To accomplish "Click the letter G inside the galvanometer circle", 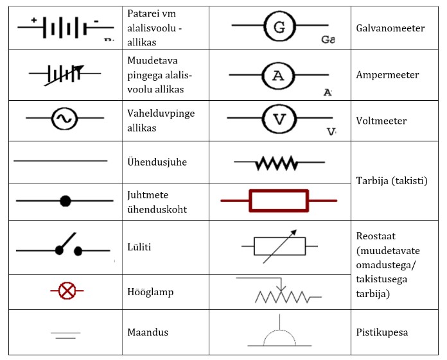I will pyautogui.click(x=279, y=27).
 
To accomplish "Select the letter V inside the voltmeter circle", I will pyautogui.click(x=278, y=119).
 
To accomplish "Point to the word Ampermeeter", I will pyautogui.click(x=387, y=74).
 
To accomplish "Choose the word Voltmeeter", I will pyautogui.click(x=381, y=121).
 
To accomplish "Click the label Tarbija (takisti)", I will pyautogui.click(x=391, y=180).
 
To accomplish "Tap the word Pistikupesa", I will pyautogui.click(x=382, y=332).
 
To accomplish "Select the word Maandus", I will pyautogui.click(x=147, y=332).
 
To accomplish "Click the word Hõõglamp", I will pyautogui.click(x=150, y=292).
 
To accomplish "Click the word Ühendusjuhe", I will pyautogui.click(x=157, y=162).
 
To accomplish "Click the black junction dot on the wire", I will pyautogui.click(x=65, y=201).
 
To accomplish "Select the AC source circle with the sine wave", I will pyautogui.click(x=64, y=119).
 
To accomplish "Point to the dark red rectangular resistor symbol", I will pyautogui.click(x=278, y=201).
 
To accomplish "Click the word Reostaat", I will pyautogui.click(x=376, y=236).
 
